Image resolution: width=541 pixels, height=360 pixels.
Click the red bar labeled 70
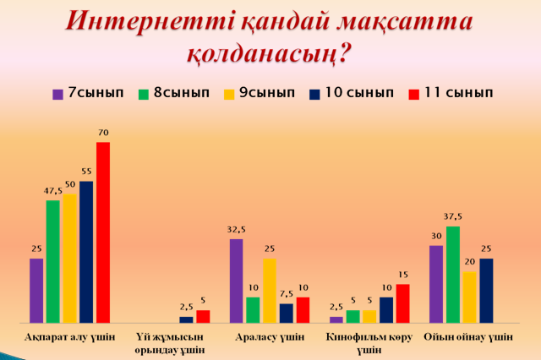pos(102,232)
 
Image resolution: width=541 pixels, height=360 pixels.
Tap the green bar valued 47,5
pos(52,261)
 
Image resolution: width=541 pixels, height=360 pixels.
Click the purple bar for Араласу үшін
pos(236,281)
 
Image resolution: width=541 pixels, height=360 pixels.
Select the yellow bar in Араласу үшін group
pos(270,290)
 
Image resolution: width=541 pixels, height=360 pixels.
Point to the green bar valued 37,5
pos(454,274)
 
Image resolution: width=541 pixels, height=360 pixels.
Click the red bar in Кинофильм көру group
pos(402,303)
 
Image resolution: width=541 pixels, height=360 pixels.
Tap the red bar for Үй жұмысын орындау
pos(203,316)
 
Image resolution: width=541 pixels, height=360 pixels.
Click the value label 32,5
pos(236,229)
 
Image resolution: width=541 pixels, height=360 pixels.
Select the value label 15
pos(402,275)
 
